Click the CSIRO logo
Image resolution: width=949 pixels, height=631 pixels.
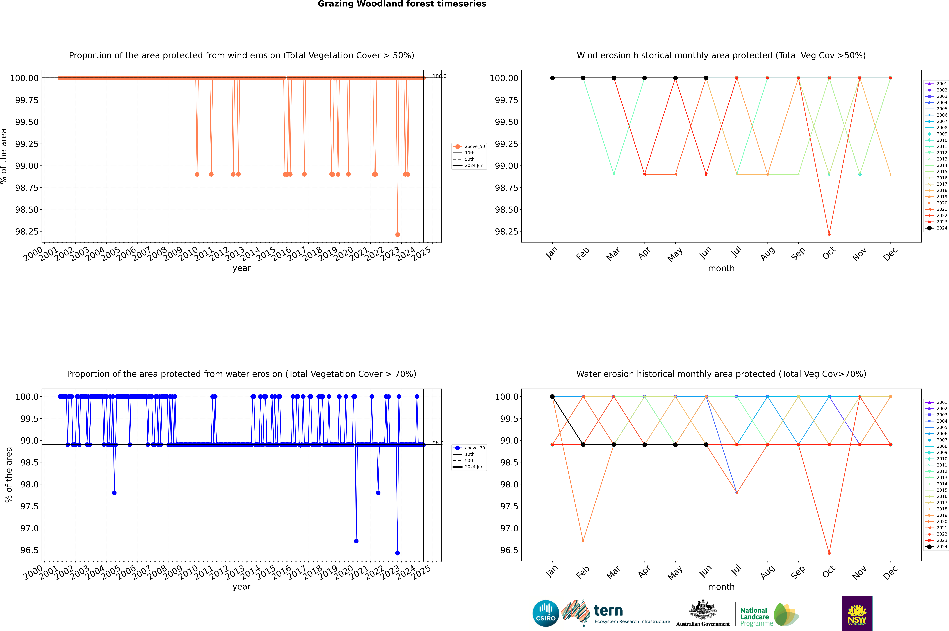(545, 613)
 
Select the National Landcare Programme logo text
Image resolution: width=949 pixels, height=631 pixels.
(754, 617)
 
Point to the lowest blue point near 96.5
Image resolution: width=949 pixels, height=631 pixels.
(397, 553)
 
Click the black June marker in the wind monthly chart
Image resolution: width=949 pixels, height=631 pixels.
(706, 78)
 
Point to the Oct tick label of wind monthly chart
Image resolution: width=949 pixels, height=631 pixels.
(829, 253)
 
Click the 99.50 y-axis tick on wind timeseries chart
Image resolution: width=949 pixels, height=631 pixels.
(27, 122)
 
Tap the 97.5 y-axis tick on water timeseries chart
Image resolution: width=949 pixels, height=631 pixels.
(30, 506)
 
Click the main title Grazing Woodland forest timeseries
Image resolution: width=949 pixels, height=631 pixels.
(402, 4)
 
